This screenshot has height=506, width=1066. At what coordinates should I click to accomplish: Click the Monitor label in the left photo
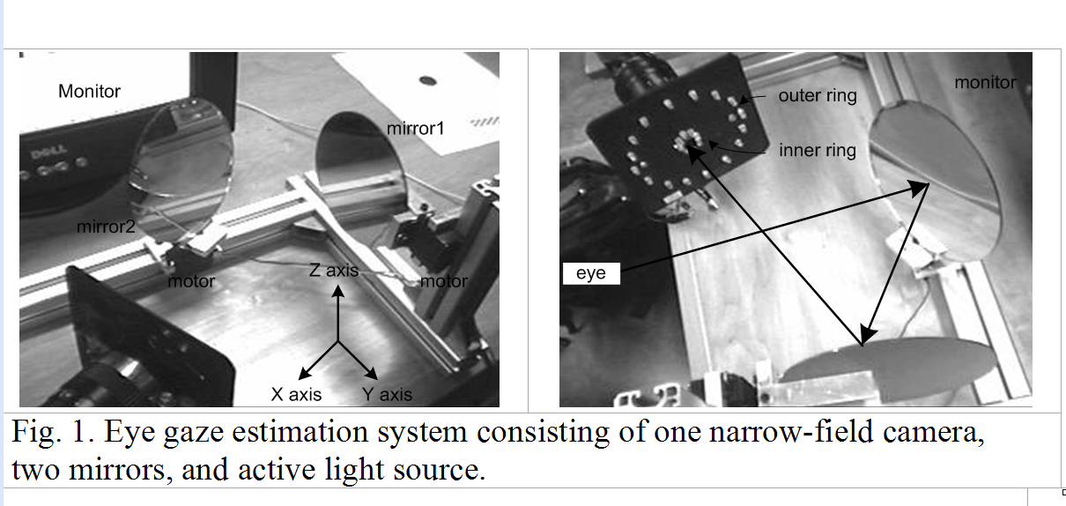click(89, 91)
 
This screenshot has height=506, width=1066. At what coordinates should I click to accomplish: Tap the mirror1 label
click(416, 129)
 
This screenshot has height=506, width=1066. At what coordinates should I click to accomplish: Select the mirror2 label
click(105, 227)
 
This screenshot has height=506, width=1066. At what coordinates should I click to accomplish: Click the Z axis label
click(334, 271)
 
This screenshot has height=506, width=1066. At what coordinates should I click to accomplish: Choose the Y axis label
click(387, 394)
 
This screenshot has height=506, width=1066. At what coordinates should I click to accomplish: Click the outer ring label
click(817, 96)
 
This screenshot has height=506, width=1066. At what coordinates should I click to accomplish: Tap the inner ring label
click(817, 151)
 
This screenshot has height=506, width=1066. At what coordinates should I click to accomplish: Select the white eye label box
click(590, 273)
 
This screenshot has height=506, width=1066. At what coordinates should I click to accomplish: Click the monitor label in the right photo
click(986, 83)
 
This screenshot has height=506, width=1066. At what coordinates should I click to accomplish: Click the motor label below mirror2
click(192, 282)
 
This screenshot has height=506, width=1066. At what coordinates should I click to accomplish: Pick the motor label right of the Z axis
click(443, 281)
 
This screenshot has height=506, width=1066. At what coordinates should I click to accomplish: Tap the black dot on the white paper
click(428, 81)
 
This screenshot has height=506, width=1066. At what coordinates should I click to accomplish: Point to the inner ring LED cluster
click(685, 140)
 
